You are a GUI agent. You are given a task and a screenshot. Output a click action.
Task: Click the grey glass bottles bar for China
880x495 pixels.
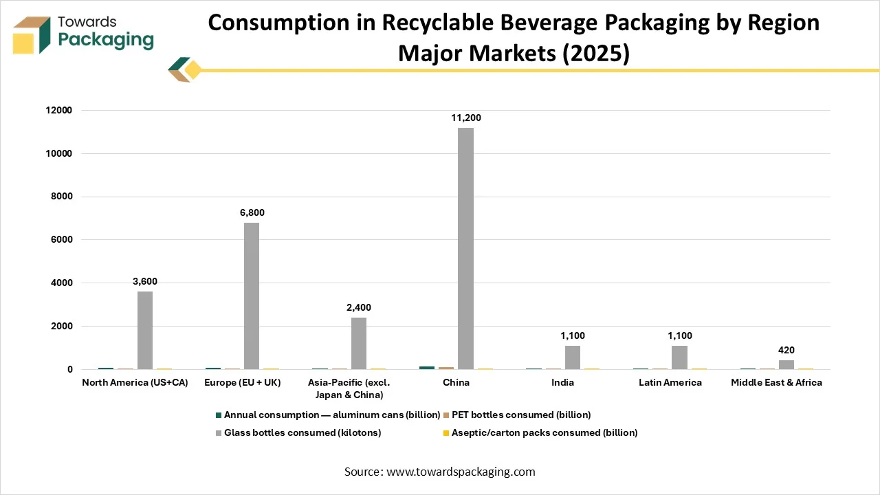[465, 249]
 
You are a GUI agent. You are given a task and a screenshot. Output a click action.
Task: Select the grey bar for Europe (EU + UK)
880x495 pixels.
[252, 296]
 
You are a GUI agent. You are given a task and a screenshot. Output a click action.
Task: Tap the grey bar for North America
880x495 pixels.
[145, 331]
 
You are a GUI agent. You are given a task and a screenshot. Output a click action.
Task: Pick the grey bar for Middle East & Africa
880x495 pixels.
[786, 365]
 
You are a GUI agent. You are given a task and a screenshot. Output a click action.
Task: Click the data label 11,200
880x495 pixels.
[465, 118]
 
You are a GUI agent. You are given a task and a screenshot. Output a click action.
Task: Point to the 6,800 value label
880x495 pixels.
[252, 213]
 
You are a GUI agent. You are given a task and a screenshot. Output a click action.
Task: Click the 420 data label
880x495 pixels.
[786, 351]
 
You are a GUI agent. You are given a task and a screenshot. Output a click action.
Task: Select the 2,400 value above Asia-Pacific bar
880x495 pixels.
[359, 308]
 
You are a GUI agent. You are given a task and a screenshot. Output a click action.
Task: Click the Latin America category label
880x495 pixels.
[670, 383]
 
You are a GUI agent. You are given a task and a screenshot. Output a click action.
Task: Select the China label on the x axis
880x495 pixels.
[455, 383]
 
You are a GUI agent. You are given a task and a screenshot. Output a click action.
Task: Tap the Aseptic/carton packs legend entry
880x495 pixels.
[544, 433]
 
